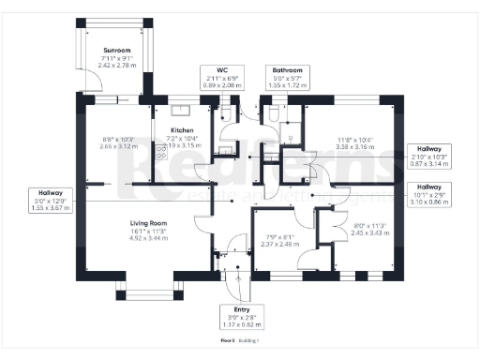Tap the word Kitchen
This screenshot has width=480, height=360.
click(181, 130)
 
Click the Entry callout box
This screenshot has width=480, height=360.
click(235, 318)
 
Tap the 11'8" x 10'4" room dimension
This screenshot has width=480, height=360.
click(355, 144)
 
